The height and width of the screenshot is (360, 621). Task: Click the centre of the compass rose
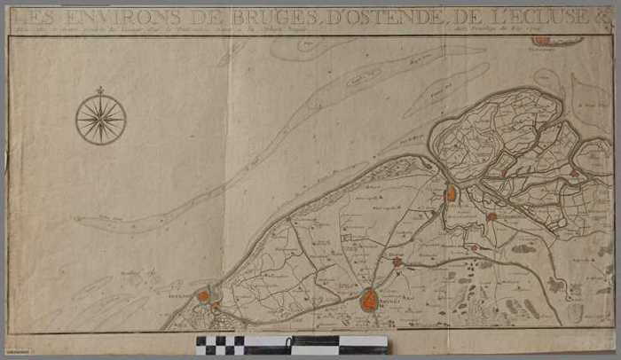pos(100,120)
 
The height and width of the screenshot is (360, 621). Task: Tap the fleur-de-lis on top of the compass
pos(100,90)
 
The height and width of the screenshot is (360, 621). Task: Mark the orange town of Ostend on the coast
pos(203,296)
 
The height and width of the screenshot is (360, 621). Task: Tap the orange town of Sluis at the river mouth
pos(452,192)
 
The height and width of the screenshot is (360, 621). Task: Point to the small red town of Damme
pos(397,262)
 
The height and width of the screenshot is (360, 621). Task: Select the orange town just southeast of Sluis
pos(491,215)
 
